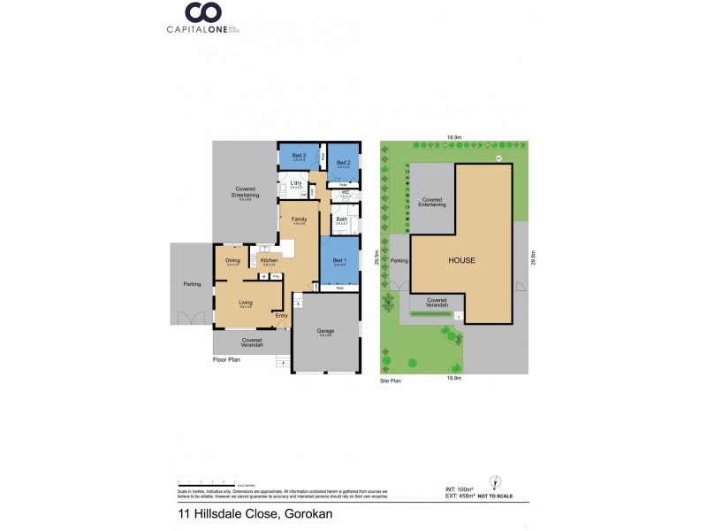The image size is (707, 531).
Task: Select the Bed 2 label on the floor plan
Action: pos(344,163)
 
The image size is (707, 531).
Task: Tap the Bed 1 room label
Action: pos(339,260)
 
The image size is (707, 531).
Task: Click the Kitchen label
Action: pos(270,260)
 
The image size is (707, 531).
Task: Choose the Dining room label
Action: pos(232,260)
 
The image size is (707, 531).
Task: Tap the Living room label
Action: pos(246,303)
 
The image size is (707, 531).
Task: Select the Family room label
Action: pos(299,219)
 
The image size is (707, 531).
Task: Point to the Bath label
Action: pos(341,219)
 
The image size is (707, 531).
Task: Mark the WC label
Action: pos(346,192)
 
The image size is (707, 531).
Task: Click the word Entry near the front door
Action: pos(282,315)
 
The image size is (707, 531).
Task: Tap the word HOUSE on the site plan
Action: pos(461,261)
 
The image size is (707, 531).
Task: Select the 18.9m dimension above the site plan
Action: pos(454,137)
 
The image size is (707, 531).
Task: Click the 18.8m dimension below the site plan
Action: pos(454,377)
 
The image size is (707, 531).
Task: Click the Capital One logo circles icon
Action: pos(202,13)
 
